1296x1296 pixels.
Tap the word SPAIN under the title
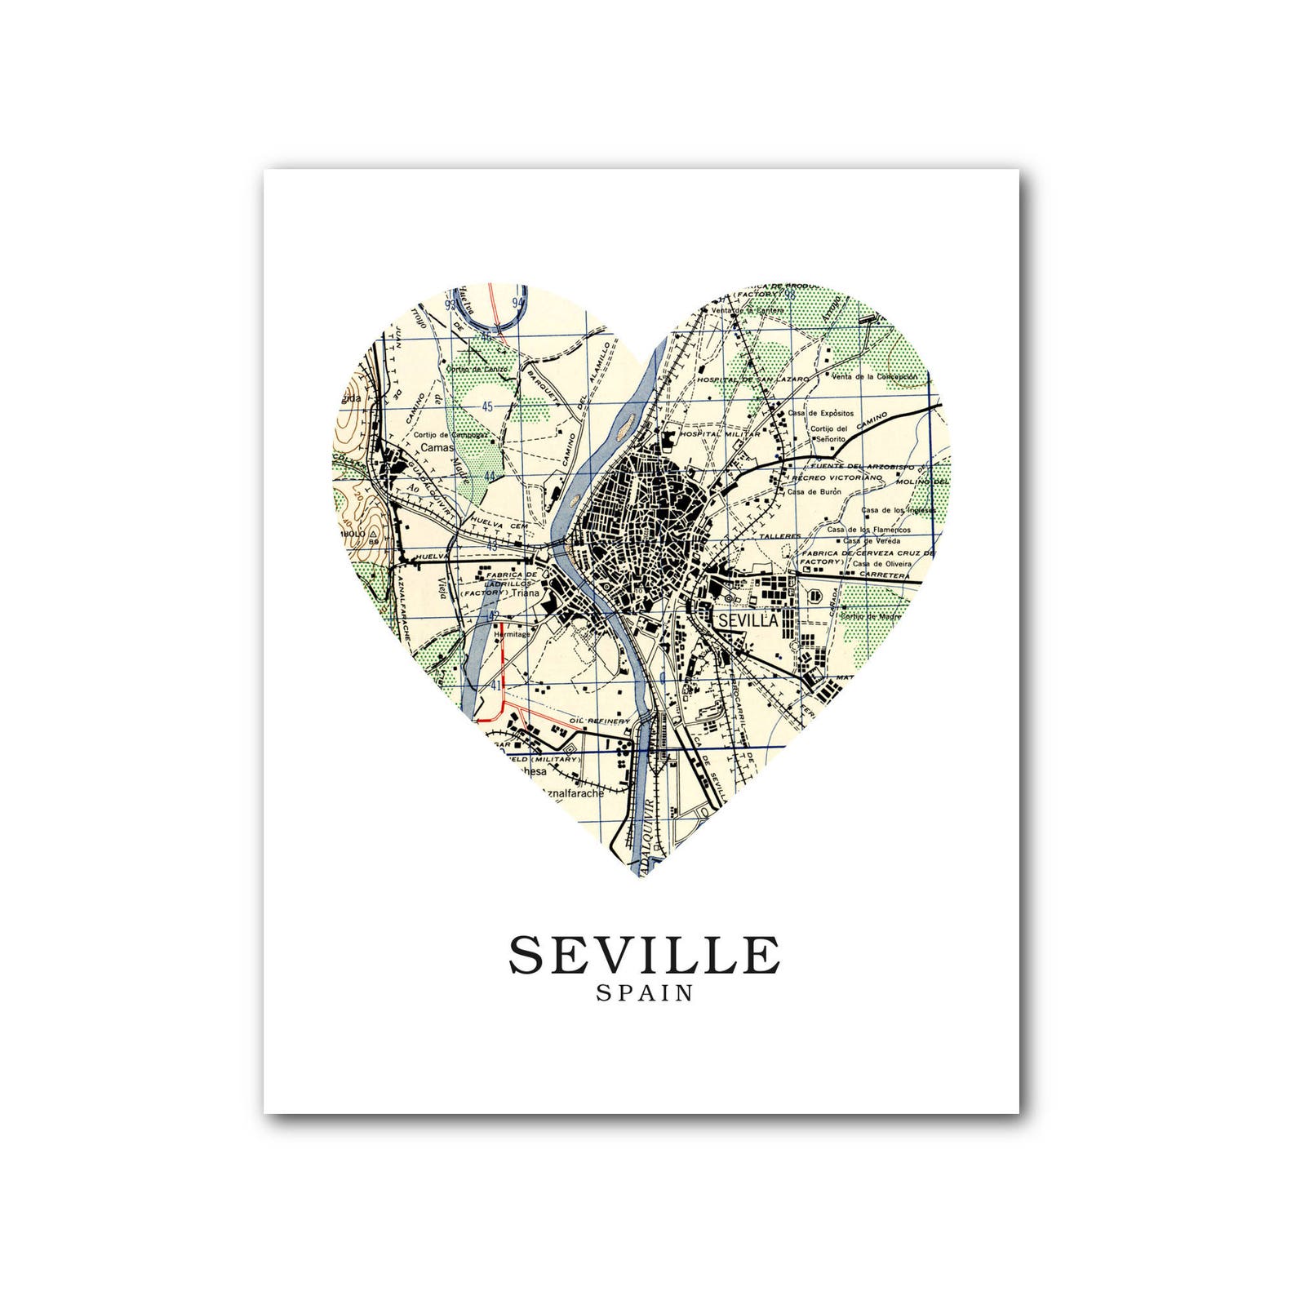pos(644,994)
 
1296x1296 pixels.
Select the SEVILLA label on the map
pos(748,620)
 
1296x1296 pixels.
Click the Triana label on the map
pos(526,593)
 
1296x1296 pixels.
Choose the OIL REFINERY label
pos(600,721)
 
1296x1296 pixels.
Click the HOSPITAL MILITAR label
pos(718,434)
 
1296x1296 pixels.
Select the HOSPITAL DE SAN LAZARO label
pos(752,379)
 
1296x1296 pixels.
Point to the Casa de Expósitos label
pos(820,413)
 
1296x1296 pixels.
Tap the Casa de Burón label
pos(814,491)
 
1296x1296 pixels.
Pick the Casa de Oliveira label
pos(879,563)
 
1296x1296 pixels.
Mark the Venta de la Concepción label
pos(874,377)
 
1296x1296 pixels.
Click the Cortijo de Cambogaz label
pos(450,435)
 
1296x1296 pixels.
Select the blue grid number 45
pos(488,406)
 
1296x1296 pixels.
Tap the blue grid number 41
pos(495,686)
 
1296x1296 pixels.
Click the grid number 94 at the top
pos(517,303)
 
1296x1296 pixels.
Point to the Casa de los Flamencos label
pos(869,529)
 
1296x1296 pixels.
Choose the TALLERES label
pos(780,536)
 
